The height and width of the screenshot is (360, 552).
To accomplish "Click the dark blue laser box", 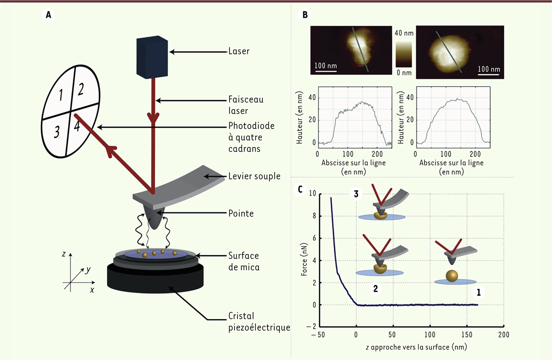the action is [x=152, y=57].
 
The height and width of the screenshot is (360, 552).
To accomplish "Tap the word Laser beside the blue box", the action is [x=239, y=51].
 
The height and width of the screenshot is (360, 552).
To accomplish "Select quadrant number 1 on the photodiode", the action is [x=61, y=95].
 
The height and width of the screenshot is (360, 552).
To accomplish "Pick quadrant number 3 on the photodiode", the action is [x=57, y=132].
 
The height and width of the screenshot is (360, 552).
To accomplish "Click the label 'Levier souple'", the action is [x=254, y=176].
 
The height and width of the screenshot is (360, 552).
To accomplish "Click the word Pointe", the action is [x=241, y=213].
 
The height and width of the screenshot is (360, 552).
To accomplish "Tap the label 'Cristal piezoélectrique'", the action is [x=259, y=322].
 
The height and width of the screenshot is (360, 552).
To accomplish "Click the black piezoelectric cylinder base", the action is [x=155, y=279].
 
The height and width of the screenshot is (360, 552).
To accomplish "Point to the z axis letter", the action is [x=64, y=254].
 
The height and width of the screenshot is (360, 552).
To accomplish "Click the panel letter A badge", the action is [x=48, y=15].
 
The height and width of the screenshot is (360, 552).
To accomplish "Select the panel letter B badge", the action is [x=305, y=15].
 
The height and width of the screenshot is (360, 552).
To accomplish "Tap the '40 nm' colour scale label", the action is [x=404, y=33].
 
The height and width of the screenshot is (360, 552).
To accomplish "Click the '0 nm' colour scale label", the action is [x=404, y=73].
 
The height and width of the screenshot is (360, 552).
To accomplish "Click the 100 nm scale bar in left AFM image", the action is [x=326, y=71].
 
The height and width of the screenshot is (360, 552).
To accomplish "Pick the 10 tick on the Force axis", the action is [x=313, y=193].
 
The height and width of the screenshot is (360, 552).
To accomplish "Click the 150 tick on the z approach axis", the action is [x=467, y=335].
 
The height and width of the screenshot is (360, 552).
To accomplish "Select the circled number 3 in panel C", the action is [x=356, y=194].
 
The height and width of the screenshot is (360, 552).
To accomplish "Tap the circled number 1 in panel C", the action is [x=479, y=292].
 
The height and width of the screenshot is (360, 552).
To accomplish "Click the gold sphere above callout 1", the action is [x=452, y=276].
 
